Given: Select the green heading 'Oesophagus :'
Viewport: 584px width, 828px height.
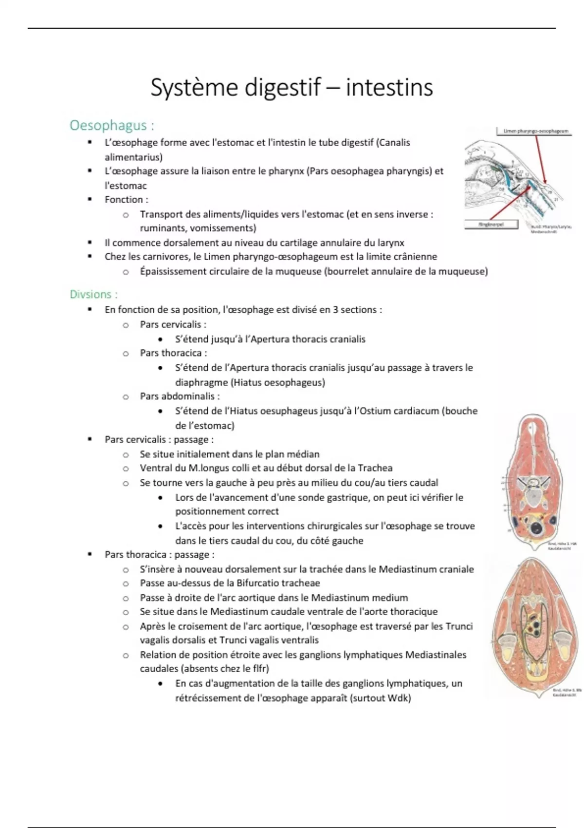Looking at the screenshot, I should click(x=111, y=126).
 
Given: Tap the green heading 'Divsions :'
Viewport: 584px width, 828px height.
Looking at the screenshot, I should click(x=93, y=294).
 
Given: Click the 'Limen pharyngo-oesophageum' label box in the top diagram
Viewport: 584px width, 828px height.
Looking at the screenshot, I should click(x=533, y=131).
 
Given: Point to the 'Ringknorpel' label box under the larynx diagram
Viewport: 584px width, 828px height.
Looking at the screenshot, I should click(x=491, y=225).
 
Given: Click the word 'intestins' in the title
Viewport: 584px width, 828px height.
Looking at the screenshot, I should click(x=389, y=88).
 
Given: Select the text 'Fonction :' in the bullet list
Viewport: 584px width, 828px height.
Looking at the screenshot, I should click(x=126, y=200).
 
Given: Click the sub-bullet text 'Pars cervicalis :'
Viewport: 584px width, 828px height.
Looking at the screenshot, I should click(x=173, y=324).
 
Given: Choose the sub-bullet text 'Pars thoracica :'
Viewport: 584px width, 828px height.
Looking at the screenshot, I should click(x=173, y=353).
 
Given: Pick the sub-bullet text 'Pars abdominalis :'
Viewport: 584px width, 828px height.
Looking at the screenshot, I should click(x=180, y=396).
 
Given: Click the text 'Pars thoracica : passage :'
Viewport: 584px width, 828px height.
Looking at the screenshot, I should click(x=159, y=555).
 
